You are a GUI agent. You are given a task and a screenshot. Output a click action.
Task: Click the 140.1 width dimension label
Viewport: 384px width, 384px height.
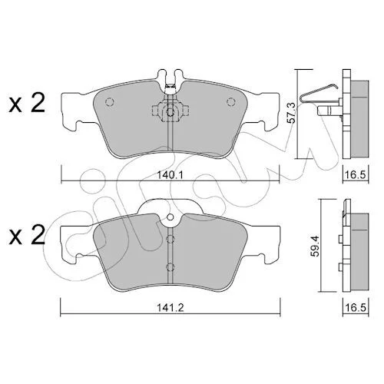click(170, 175)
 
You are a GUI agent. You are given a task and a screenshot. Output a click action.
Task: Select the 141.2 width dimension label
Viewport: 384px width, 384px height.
click(170, 307)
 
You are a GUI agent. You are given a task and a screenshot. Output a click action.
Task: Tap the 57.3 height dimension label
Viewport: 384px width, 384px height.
click(291, 113)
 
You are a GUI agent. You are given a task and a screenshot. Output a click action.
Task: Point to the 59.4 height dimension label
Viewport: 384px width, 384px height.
click(316, 247)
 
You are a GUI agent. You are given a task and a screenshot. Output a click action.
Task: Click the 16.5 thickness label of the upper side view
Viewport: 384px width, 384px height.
click(356, 175)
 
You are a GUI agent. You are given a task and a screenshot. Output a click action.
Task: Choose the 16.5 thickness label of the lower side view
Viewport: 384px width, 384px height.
click(356, 307)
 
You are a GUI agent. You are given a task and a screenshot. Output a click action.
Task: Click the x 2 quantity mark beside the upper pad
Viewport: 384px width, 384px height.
click(27, 103)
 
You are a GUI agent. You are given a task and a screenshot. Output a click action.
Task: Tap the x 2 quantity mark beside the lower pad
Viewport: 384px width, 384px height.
click(27, 235)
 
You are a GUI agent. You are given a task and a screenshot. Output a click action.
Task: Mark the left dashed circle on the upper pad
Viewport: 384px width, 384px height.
click(109, 102)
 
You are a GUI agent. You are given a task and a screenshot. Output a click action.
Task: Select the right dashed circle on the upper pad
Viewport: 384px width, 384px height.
click(230, 102)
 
